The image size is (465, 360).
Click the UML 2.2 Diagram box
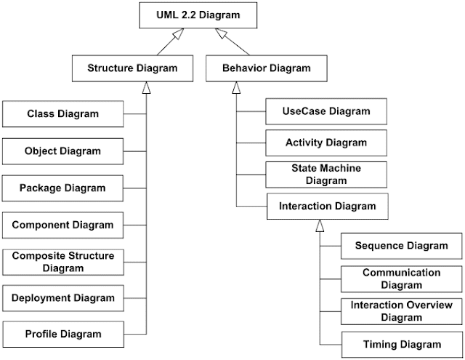point(190,15)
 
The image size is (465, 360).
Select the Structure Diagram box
point(133,68)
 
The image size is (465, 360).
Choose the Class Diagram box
point(62,114)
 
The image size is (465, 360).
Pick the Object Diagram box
point(62,151)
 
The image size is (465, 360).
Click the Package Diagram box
point(62,188)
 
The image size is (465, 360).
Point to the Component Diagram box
point(62,225)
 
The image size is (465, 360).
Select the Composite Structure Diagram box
point(62,261)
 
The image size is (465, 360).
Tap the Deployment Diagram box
point(62,297)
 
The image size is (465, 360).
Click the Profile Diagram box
point(62,335)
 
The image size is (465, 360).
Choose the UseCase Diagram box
point(326,111)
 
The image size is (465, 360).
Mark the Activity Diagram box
point(326,143)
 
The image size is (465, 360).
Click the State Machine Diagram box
point(326,174)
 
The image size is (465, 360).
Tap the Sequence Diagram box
point(401,245)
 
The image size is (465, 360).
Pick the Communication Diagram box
point(401,279)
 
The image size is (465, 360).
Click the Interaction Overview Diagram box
point(401,311)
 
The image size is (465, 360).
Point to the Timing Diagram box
point(401,344)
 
